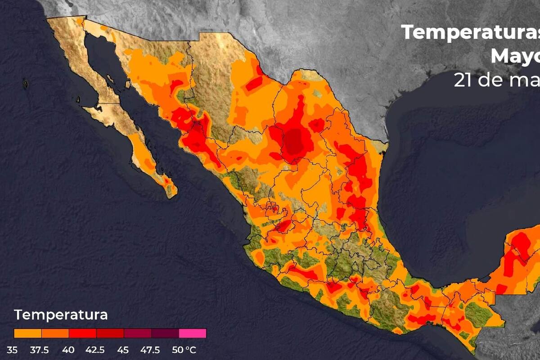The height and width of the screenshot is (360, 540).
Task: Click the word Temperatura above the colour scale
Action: coord(61,315)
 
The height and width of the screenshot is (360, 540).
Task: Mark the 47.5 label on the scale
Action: coord(151,350)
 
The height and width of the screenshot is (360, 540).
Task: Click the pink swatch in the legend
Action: coord(193,333)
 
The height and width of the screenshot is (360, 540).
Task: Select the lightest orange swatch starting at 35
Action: coord(27,333)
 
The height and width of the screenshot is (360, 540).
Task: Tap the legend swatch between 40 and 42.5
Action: coord(82,333)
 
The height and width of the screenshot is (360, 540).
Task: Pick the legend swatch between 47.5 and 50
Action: coord(165,333)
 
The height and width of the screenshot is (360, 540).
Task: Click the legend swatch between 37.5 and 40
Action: coord(55,333)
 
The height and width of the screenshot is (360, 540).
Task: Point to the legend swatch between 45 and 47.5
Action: coord(138,333)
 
